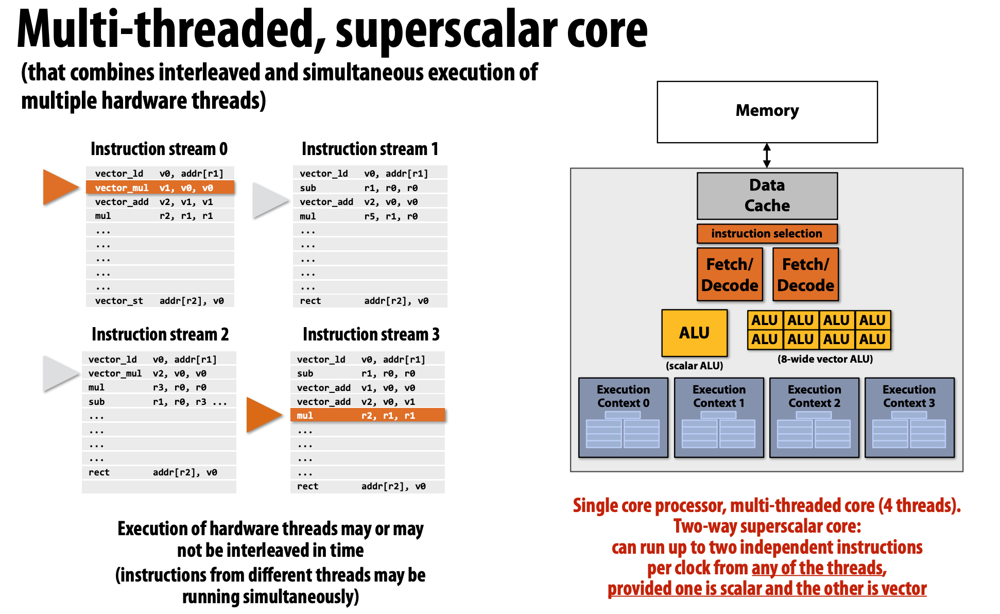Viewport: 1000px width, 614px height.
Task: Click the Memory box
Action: click(x=767, y=111)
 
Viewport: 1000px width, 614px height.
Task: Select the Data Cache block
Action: click(x=767, y=196)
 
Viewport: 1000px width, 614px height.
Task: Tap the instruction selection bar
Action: click(x=767, y=233)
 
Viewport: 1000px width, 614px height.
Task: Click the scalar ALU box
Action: click(x=694, y=333)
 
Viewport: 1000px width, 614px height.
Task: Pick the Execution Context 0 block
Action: click(x=623, y=417)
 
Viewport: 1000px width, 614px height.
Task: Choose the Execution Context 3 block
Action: click(x=909, y=417)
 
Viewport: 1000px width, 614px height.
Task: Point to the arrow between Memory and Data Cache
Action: click(x=767, y=155)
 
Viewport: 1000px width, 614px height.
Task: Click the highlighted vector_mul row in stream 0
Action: click(x=160, y=187)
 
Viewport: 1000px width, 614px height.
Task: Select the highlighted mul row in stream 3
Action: click(x=367, y=415)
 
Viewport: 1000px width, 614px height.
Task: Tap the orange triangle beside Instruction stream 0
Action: click(x=59, y=186)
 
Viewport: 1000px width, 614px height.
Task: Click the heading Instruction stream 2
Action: click(x=160, y=334)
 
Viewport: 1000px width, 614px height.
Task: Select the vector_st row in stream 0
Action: click(x=160, y=301)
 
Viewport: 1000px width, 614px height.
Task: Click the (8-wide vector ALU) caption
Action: click(x=825, y=359)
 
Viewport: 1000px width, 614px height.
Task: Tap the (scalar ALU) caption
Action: click(x=694, y=366)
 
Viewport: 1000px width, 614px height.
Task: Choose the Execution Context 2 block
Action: click(x=814, y=417)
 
